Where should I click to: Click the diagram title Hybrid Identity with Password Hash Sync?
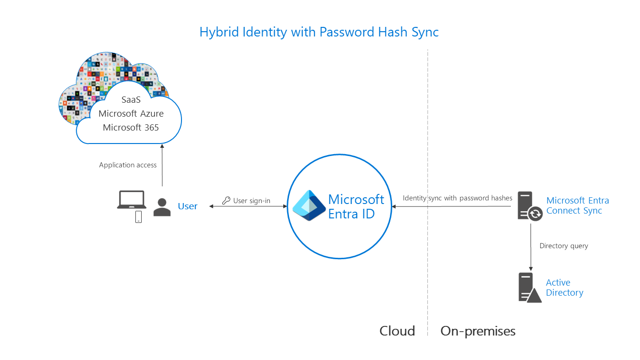tap(319, 32)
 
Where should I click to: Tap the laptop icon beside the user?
tap(132, 200)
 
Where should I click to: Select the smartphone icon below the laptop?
tap(138, 217)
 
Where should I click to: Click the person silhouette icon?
tap(162, 207)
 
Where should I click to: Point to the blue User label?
tap(188, 206)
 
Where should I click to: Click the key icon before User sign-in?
tap(226, 201)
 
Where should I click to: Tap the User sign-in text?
tap(252, 201)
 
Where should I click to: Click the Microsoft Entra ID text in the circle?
tap(356, 206)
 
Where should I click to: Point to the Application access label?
tap(128, 165)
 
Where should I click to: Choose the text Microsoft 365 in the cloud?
tap(131, 127)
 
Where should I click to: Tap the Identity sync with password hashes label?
tap(457, 198)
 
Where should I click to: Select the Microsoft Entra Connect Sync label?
tap(578, 205)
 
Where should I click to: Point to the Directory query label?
tap(564, 246)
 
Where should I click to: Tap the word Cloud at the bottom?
tap(397, 331)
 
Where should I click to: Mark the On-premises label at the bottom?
tap(478, 331)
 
